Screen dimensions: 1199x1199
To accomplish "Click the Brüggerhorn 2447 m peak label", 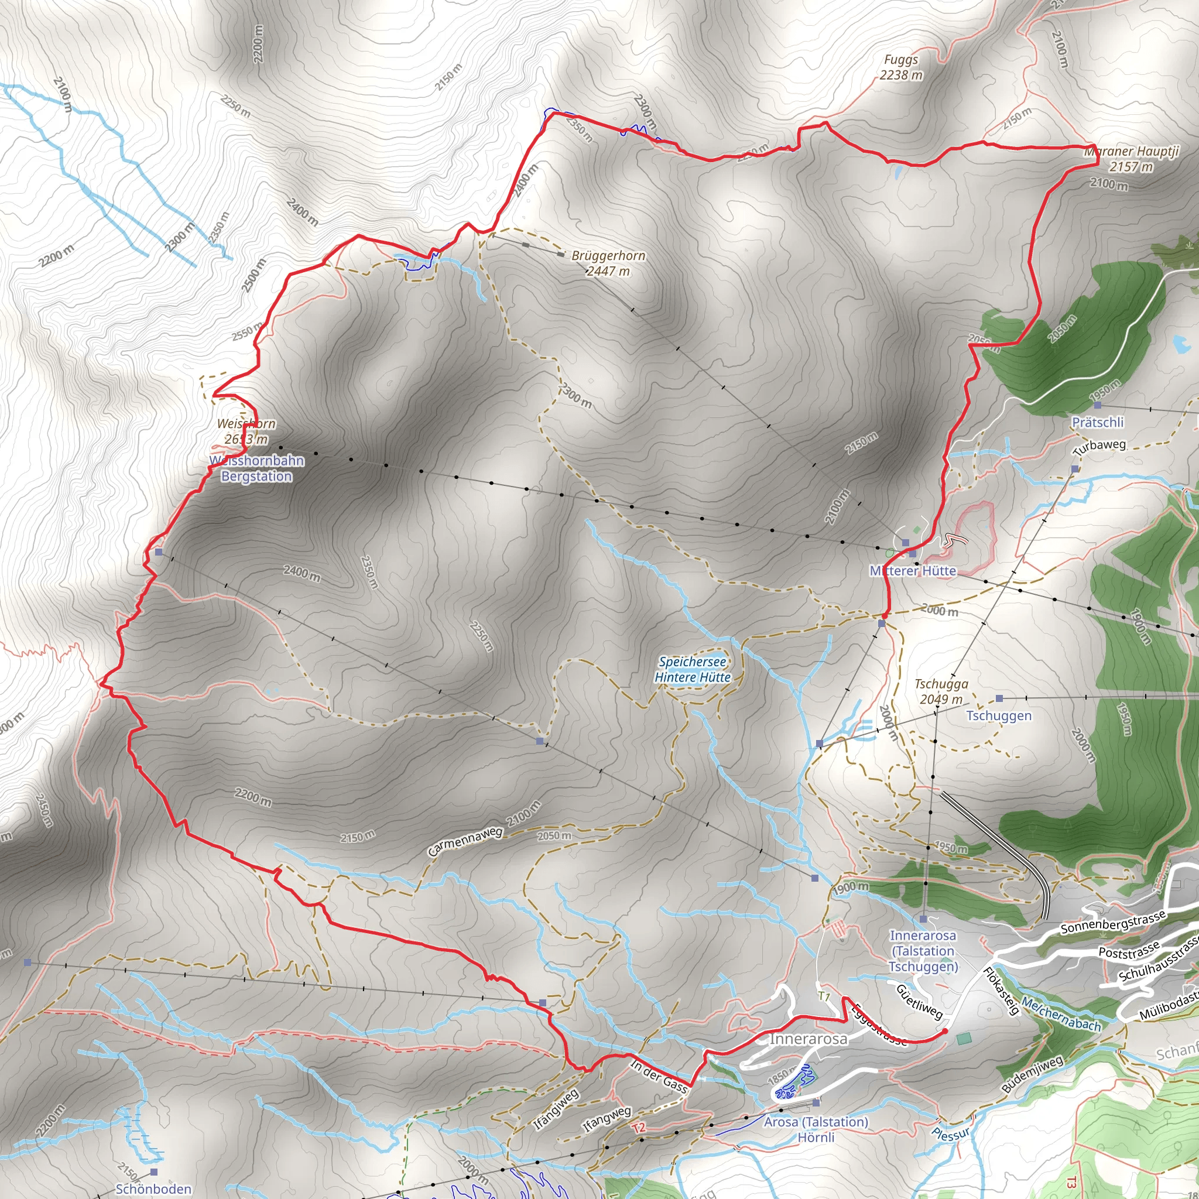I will pos(608,263).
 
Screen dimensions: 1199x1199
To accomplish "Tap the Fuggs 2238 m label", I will pos(900,67).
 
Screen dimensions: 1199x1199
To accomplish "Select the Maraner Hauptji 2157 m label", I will pos(1131,159).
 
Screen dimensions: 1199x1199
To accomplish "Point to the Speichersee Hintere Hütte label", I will pos(692,670).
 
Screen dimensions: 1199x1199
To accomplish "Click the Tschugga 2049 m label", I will pos(941,691).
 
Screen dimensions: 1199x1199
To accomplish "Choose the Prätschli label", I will pos(1097,422).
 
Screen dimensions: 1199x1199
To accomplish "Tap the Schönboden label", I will pos(153,1188).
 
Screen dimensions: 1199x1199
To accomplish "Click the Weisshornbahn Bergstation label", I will pos(256,468).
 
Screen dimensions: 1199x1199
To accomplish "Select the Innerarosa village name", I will pos(808,1039).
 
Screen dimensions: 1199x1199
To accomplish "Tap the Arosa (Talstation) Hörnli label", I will pos(816,1129).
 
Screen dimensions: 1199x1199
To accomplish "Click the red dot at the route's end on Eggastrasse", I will pos(944,1032).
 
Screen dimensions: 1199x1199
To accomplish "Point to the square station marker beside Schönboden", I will pos(154,1172).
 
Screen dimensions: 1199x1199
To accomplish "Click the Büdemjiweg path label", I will pos(1032,1074).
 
